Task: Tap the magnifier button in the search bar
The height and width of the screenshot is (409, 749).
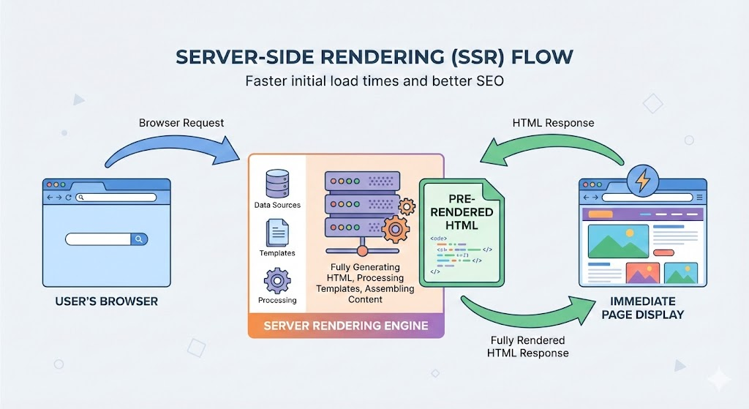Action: click(x=139, y=239)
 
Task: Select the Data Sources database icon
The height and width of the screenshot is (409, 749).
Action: click(x=276, y=184)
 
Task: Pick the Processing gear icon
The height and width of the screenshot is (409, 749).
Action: click(x=277, y=281)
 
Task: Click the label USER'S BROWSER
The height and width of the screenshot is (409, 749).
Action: click(x=106, y=301)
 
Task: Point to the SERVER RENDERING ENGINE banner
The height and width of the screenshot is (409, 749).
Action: click(x=346, y=325)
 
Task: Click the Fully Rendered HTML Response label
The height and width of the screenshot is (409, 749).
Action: click(x=527, y=347)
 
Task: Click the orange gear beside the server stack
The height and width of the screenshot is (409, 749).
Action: click(x=396, y=229)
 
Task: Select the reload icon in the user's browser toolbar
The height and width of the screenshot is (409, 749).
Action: click(x=69, y=198)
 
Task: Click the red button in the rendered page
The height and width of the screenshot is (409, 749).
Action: click(x=663, y=252)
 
